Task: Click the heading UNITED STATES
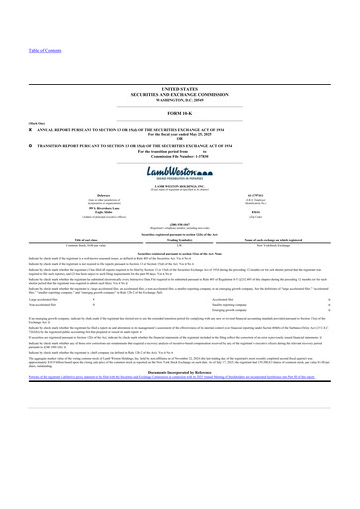pyautogui.click(x=179, y=88)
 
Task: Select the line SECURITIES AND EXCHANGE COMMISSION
pyautogui.click(x=179, y=93)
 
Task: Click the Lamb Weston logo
pyautogui.click(x=179, y=173)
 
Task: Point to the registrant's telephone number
pyautogui.click(x=179, y=224)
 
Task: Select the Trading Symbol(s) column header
pyautogui.click(x=179, y=239)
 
